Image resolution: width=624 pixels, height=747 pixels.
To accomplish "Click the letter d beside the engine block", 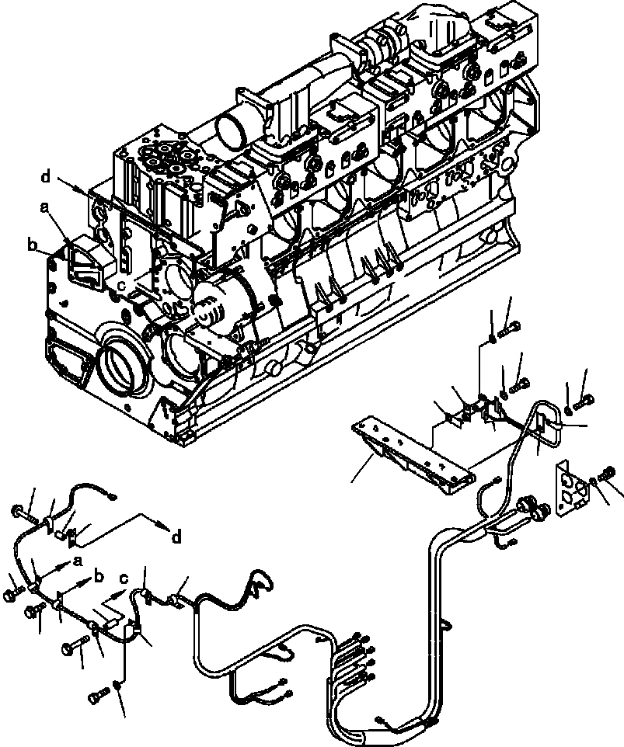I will click(46, 177).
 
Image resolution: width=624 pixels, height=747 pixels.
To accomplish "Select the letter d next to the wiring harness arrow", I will click(177, 537).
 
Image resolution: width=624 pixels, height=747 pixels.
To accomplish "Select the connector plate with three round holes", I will click(572, 488).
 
